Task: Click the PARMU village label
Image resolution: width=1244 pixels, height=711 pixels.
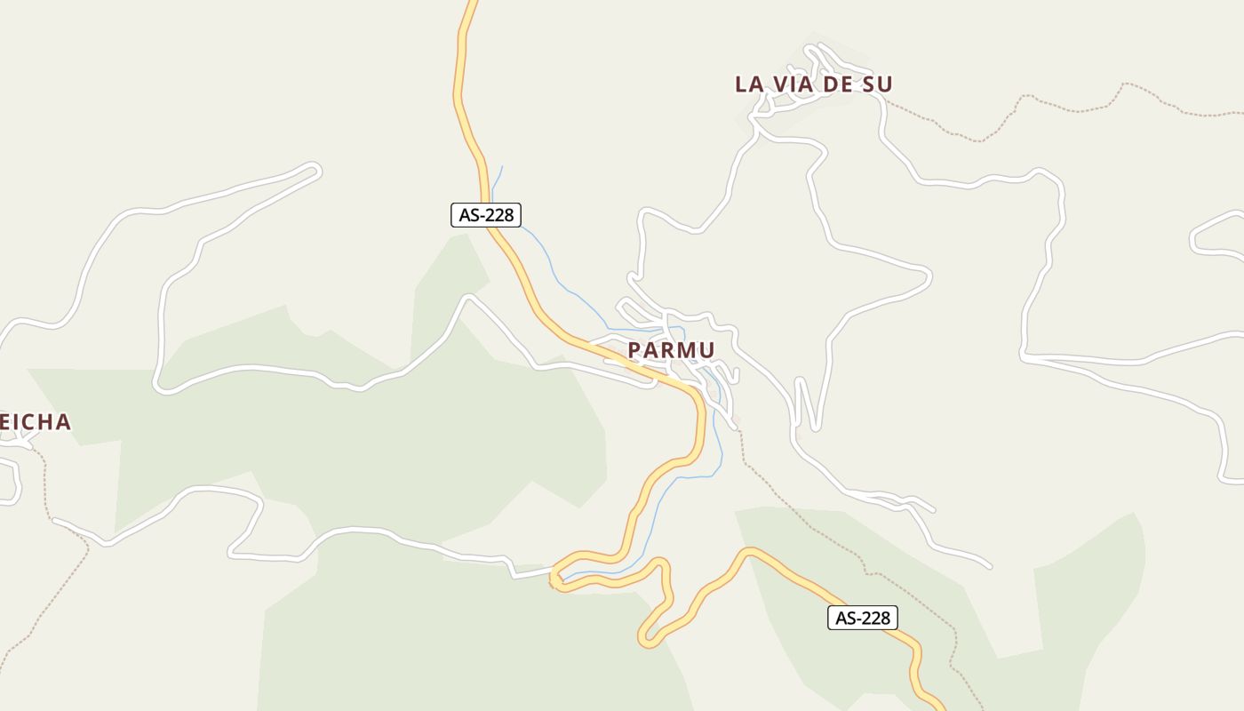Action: coord(671,350)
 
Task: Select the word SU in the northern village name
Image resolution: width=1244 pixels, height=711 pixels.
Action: coord(876,84)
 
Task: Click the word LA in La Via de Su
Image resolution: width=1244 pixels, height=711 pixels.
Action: coord(749,84)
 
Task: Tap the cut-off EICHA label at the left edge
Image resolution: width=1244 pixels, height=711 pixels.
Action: coord(35,422)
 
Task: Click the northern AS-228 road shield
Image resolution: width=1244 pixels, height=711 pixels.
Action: coord(485,214)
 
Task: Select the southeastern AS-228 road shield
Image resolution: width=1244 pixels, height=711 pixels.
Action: coord(862,618)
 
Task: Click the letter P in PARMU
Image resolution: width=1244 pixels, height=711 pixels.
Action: coord(634,350)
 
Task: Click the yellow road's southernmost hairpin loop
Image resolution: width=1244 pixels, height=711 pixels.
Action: coord(647,636)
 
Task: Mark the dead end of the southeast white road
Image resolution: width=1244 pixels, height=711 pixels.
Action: coord(987,564)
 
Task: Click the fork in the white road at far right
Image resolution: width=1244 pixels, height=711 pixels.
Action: coord(1026,357)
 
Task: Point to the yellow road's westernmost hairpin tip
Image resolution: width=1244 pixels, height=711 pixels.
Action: coord(554,578)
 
